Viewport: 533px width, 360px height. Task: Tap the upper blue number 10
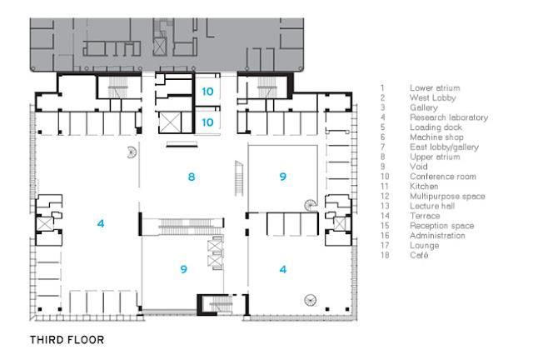[207, 91]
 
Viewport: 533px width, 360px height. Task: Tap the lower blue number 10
[207, 122]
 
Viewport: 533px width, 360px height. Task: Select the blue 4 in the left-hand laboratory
[100, 223]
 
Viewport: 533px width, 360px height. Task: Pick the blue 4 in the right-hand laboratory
[284, 269]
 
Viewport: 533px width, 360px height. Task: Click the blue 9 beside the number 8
[283, 177]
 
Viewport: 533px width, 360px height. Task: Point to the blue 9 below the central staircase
[183, 269]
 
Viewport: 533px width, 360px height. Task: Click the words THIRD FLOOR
[67, 340]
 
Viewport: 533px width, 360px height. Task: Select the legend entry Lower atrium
[435, 87]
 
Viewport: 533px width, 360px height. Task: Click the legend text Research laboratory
[448, 117]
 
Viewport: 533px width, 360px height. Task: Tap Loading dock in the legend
[434, 127]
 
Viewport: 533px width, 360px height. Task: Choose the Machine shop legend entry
[435, 137]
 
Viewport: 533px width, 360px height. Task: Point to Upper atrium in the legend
[435, 157]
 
